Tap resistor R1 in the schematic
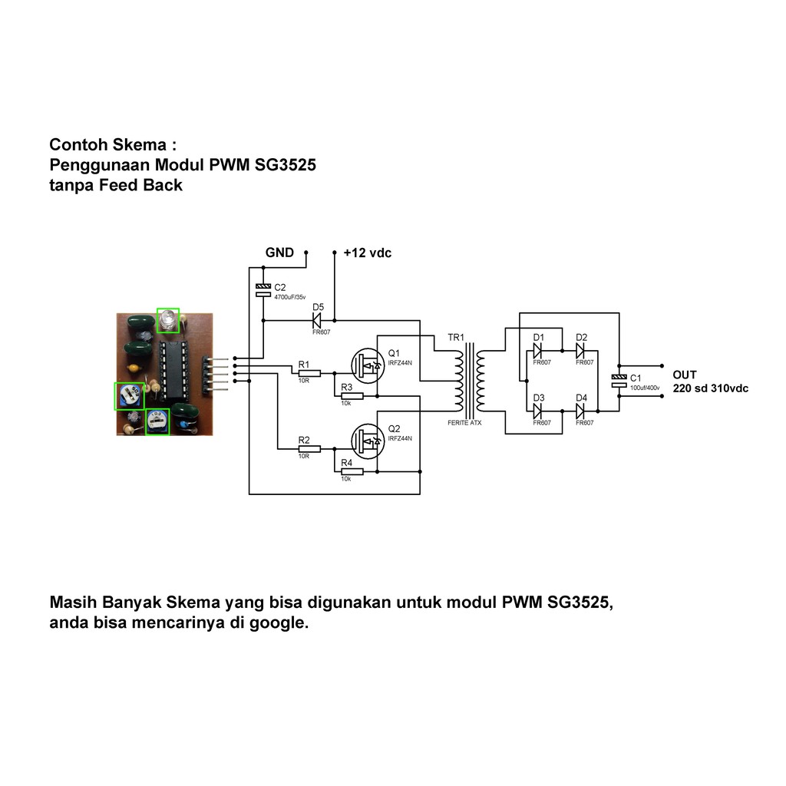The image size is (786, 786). click(309, 372)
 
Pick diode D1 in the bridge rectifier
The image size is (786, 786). click(538, 351)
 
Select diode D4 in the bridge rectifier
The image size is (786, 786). click(580, 411)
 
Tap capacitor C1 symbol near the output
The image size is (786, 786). click(618, 380)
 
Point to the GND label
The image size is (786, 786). click(279, 253)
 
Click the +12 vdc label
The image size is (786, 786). click(367, 253)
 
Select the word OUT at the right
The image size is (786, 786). click(685, 375)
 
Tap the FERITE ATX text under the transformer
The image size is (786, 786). click(464, 423)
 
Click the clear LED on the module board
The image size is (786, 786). click(167, 319)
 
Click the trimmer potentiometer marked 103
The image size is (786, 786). click(157, 421)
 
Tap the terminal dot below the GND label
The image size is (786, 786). click(305, 252)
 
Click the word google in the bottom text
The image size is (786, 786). click(278, 623)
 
